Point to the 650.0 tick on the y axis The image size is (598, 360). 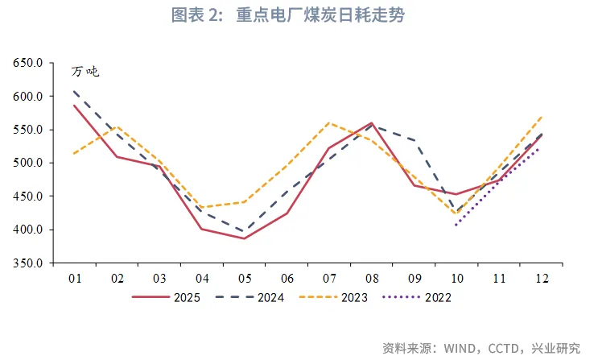click(29, 63)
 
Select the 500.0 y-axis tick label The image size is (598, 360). click(29, 163)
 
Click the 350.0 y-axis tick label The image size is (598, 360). click(29, 263)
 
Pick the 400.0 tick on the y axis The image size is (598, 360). click(29, 230)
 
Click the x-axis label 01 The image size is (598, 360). click(75, 278)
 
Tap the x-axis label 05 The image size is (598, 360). click(245, 278)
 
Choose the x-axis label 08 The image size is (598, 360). click(371, 278)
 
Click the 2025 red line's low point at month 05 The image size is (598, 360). click(245, 238)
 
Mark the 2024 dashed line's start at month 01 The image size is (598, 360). click(75, 91)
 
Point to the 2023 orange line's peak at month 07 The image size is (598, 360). click(329, 122)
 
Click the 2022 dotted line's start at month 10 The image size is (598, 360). click(456, 225)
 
